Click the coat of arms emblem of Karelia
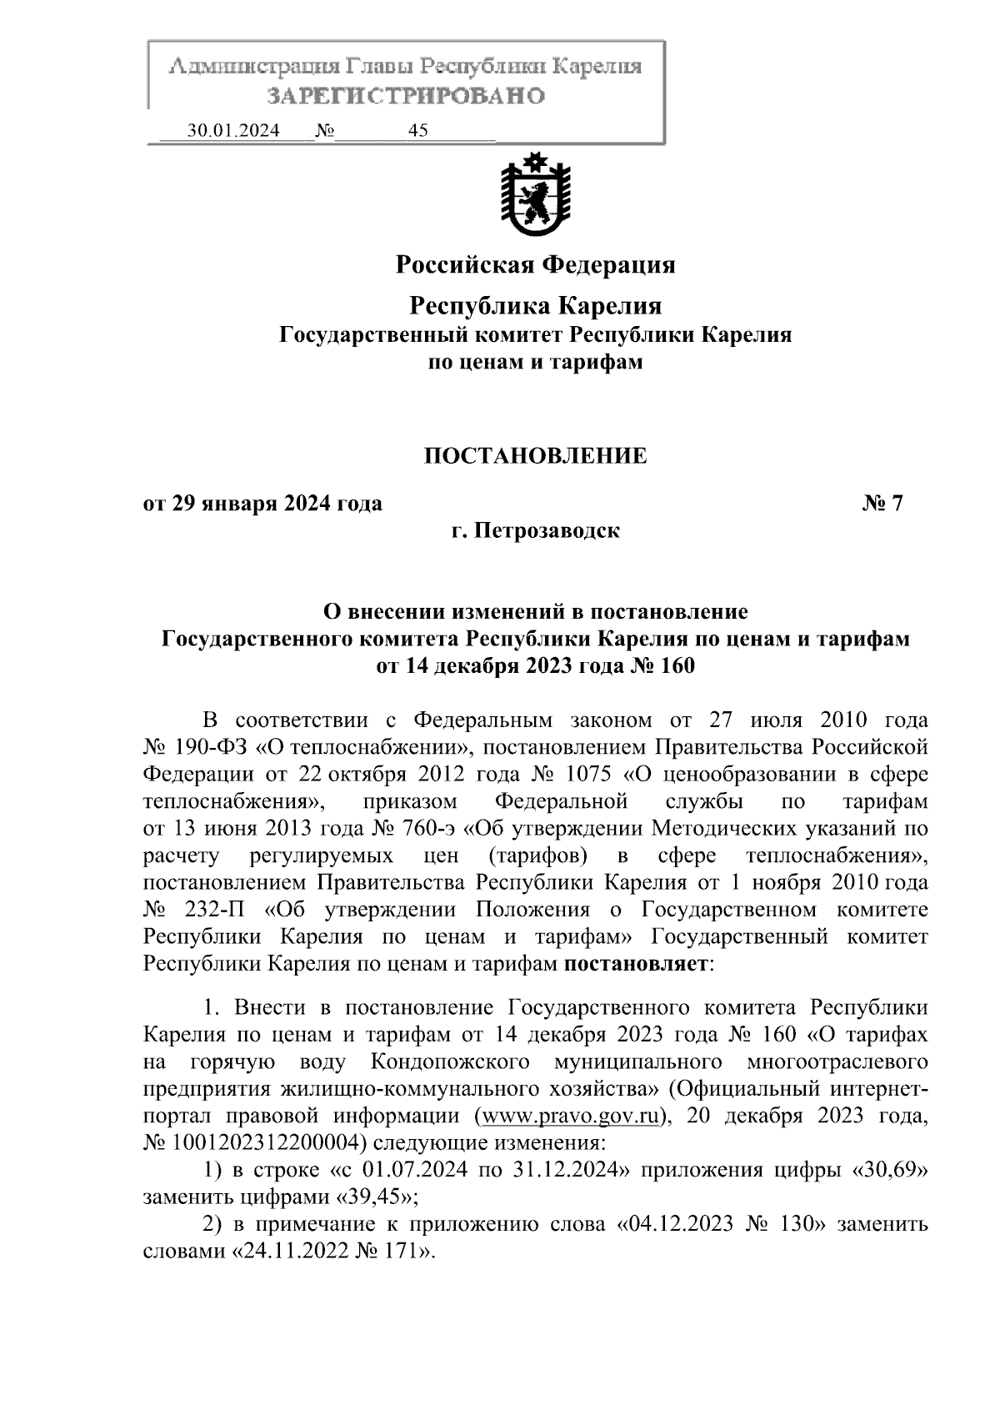pos(534,195)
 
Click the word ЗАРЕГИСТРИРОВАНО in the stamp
pos(406,96)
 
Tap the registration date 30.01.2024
pos(233,131)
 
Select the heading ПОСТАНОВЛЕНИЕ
pos(536,456)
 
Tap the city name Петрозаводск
pos(547,530)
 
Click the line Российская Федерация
pos(535,265)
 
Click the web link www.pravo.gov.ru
pos(572,1116)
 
